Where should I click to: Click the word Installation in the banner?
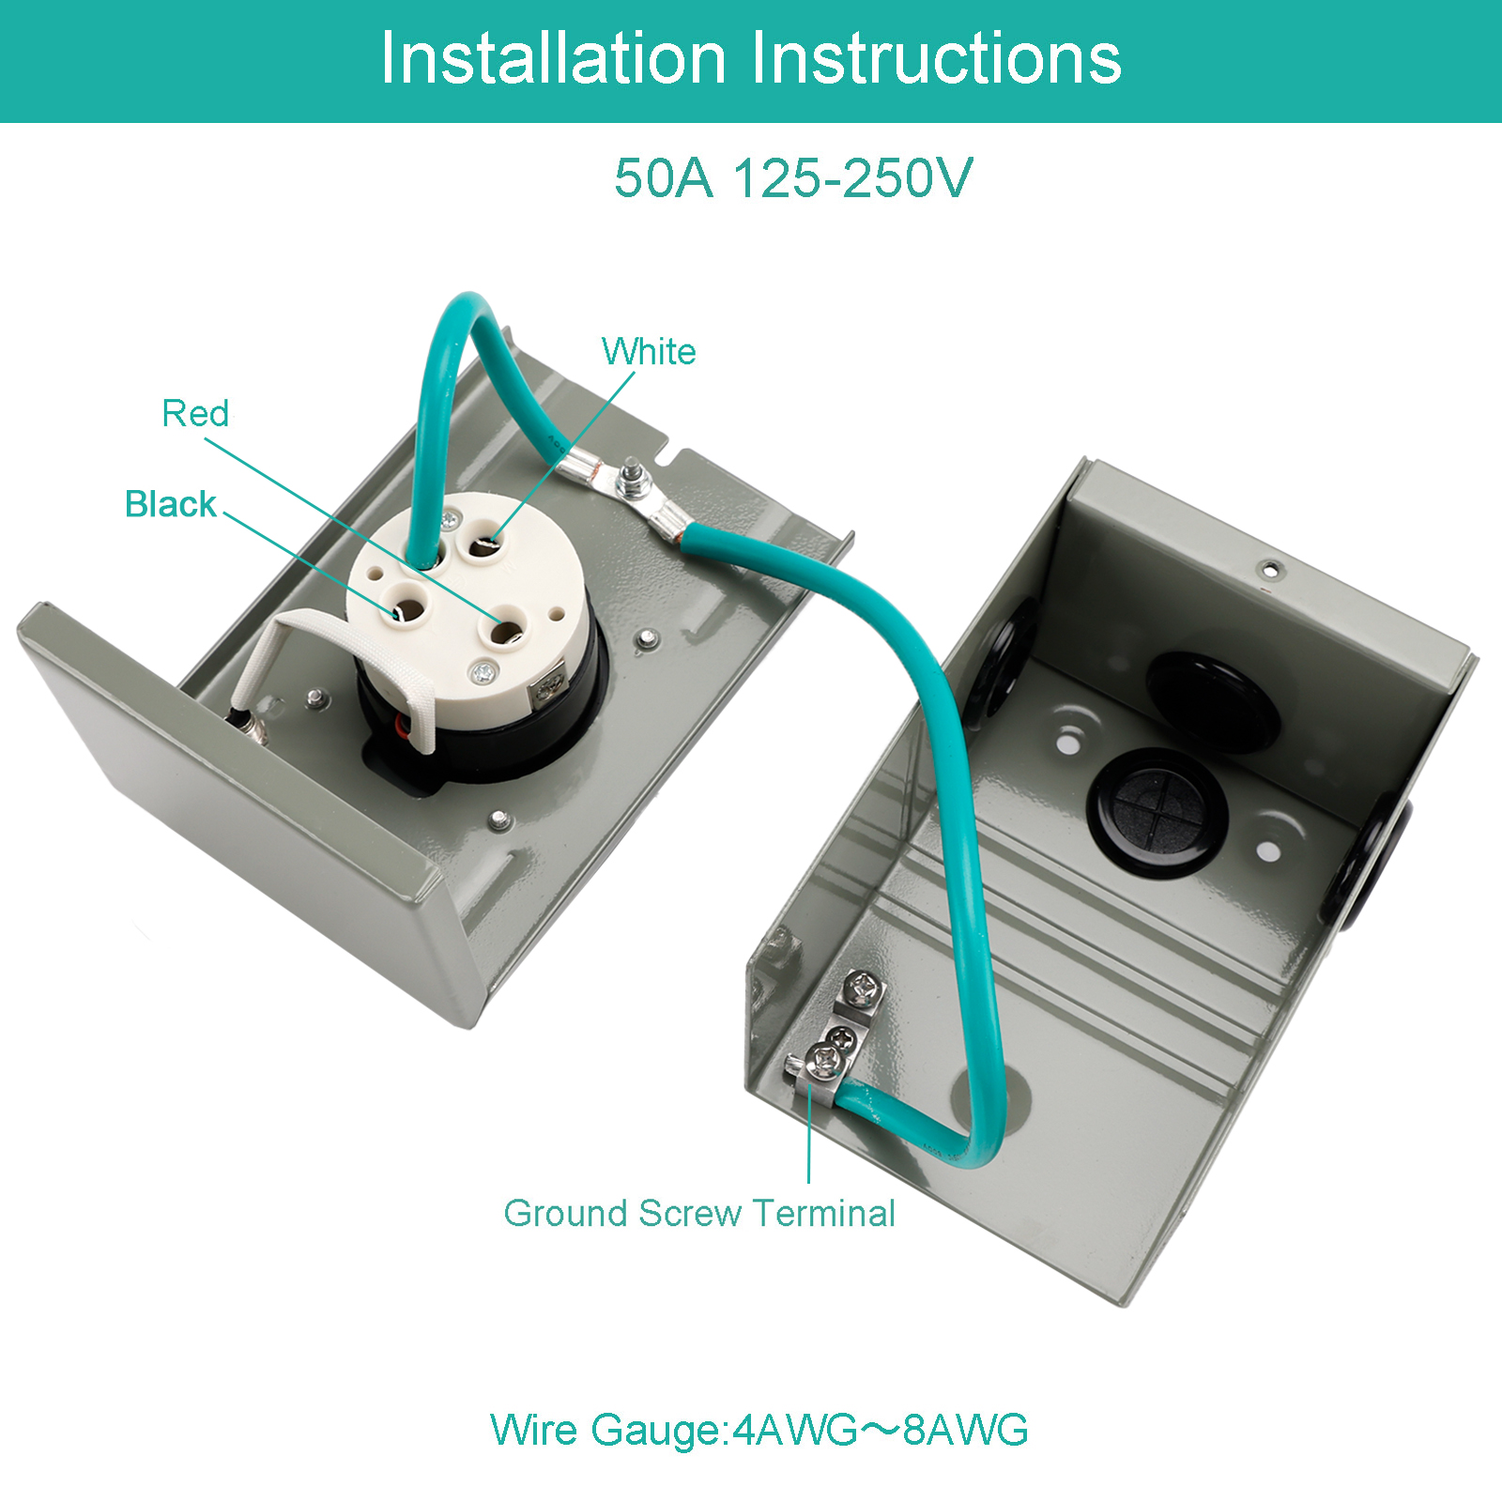coord(554,58)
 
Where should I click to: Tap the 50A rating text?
coord(664,177)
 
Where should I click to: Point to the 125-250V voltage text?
coord(853,177)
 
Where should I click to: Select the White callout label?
coord(649,352)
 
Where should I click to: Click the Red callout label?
coord(195,413)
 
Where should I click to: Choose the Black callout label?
coord(171,504)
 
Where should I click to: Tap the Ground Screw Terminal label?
coord(699,1213)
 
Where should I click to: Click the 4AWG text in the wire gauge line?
coord(794,1430)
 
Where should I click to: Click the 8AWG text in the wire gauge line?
coord(965,1430)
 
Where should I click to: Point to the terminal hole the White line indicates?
coord(485,543)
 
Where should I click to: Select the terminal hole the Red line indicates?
coord(508,630)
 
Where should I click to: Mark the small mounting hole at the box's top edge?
coord(1270,568)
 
